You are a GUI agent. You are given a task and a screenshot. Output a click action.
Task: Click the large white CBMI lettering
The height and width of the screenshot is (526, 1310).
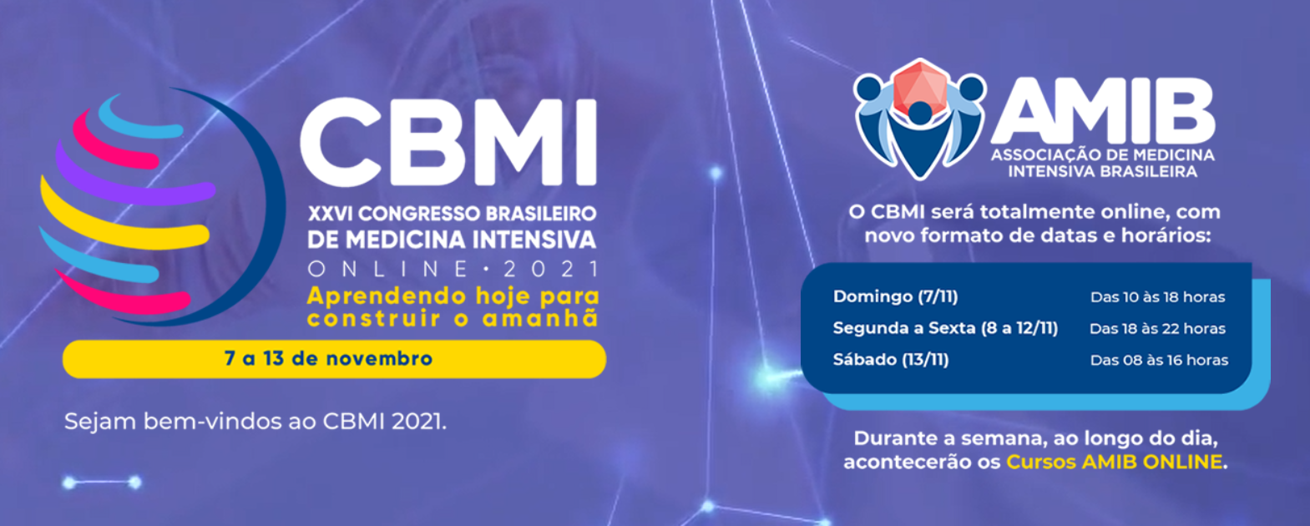point(448,142)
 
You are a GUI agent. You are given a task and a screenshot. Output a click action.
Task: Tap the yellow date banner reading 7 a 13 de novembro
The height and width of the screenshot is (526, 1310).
point(334,359)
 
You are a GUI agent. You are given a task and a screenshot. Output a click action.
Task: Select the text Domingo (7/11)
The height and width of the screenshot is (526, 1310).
point(895,296)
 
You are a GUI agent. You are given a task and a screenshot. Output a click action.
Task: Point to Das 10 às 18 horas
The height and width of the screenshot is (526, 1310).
point(1157,297)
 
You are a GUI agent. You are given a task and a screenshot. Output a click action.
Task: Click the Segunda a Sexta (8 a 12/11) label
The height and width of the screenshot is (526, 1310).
point(945,328)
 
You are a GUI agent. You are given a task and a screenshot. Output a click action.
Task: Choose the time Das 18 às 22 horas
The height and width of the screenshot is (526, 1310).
point(1157,329)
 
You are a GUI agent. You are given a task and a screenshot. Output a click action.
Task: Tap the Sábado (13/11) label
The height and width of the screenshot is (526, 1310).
point(891,359)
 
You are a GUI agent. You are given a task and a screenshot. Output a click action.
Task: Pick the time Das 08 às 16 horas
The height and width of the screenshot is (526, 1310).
point(1159,360)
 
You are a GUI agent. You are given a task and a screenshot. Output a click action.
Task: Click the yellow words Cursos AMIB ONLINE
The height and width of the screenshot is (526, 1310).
point(1114,462)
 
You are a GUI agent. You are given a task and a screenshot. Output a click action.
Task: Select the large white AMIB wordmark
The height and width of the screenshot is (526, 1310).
point(1103,111)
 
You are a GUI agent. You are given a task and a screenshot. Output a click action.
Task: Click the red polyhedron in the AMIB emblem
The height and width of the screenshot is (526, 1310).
point(920,86)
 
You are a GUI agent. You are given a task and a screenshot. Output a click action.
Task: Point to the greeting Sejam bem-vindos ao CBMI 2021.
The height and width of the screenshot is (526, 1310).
point(255,422)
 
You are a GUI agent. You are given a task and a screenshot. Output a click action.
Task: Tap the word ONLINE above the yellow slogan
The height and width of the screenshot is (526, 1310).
point(388,269)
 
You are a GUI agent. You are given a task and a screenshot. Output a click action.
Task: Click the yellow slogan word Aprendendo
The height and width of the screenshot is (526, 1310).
point(387,296)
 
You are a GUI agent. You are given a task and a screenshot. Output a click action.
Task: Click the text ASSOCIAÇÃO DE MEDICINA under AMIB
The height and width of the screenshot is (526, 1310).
point(1102,155)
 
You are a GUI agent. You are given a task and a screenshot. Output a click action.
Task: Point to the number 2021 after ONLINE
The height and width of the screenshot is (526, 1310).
point(551,269)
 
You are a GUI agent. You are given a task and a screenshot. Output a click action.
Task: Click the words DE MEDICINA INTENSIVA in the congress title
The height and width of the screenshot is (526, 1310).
point(452,240)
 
